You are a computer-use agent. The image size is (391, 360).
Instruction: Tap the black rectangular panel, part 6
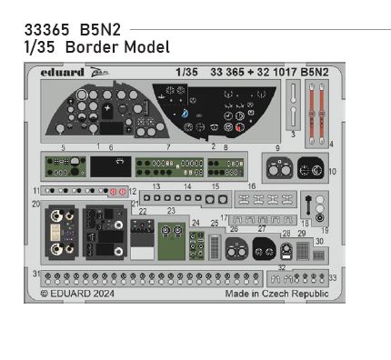[110, 166]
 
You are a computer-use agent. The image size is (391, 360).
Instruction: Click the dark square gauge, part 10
[312, 170]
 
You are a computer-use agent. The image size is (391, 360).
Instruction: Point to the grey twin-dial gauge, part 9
[279, 169]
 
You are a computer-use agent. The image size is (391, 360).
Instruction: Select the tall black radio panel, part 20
[64, 231]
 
